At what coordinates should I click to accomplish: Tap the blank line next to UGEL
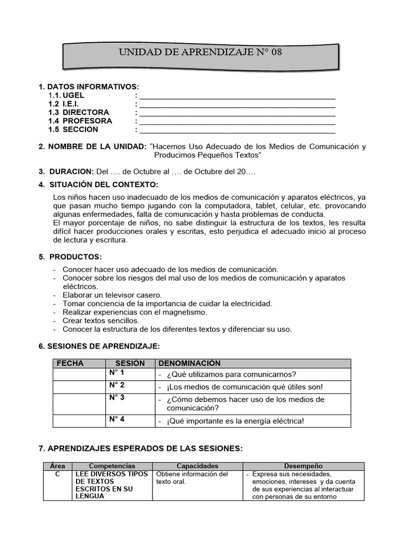[x=237, y=97]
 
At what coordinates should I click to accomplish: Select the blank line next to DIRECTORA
[x=237, y=113]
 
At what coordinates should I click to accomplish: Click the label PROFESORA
[x=87, y=121]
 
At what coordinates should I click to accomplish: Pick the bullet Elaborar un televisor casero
[x=112, y=295]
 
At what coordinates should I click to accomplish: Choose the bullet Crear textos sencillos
[x=101, y=320]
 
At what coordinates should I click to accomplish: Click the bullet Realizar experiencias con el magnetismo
[x=134, y=312]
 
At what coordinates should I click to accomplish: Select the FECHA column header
[x=70, y=363]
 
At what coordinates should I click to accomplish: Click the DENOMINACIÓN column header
[x=189, y=363]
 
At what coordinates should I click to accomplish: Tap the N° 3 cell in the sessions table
[x=117, y=398]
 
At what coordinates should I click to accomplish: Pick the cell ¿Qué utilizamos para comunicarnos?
[x=231, y=374]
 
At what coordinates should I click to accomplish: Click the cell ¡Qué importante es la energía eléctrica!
[x=235, y=421]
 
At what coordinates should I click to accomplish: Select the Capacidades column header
[x=197, y=466]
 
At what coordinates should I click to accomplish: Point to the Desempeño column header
[x=303, y=466]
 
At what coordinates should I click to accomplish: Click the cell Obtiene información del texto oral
[x=192, y=478]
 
